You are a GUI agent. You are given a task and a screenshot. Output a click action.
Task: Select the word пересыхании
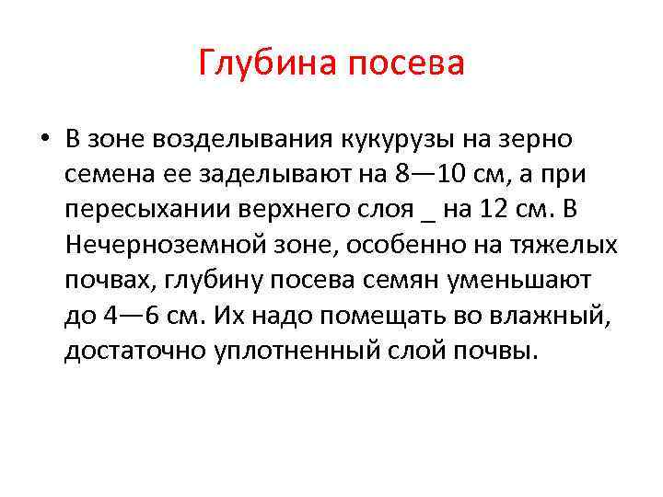coord(148,209)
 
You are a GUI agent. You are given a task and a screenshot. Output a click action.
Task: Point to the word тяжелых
coord(567,244)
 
